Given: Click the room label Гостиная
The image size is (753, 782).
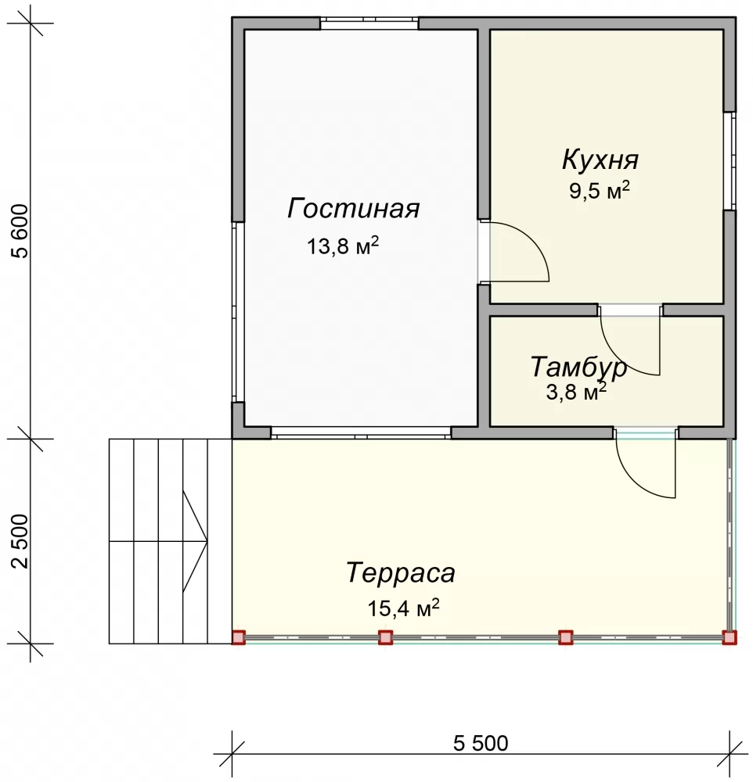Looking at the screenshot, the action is (x=353, y=209).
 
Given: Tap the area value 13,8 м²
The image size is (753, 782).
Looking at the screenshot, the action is (x=343, y=246).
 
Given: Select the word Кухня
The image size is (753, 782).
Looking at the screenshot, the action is (x=600, y=160).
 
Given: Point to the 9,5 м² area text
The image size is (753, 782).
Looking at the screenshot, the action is (x=600, y=190).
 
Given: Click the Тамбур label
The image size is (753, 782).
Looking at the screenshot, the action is (x=578, y=367).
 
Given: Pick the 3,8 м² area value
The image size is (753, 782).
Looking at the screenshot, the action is (x=576, y=392).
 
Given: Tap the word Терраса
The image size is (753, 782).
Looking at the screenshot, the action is (x=401, y=572).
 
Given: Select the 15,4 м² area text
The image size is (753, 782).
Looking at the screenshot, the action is (x=403, y=608).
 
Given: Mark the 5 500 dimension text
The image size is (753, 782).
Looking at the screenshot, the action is (x=481, y=743).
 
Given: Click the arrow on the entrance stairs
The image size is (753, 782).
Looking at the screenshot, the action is (x=195, y=541).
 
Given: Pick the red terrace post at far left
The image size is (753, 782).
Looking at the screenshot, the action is (x=239, y=637).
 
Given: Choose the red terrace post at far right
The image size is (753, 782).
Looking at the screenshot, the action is (x=730, y=637).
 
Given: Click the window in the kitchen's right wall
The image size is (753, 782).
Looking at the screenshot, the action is (x=730, y=160).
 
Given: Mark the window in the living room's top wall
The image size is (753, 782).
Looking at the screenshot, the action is (x=369, y=23).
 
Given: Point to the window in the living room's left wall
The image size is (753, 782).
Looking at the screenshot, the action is (x=238, y=312).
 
